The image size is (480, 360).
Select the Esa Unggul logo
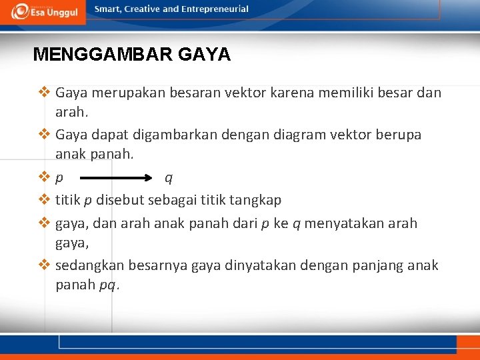tap(45, 11)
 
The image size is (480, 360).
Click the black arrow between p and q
tap(117, 178)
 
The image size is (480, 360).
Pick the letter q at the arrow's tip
tap(169, 178)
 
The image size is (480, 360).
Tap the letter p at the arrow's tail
tap(60, 179)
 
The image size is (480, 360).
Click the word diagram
tap(297, 135)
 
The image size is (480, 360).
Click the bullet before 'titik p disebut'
tap(45, 199)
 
